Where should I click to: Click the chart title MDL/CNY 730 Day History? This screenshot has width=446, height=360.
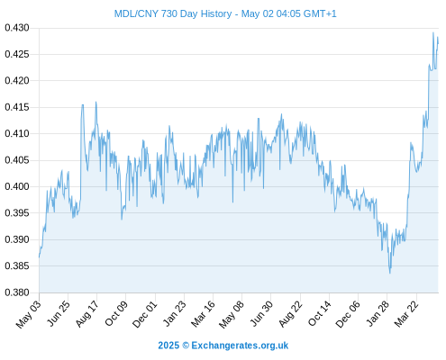(x=173, y=13)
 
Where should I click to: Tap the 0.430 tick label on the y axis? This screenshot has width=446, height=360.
(x=17, y=28)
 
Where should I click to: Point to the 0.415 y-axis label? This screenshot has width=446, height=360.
(x=17, y=107)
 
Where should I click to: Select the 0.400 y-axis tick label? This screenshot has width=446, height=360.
(x=17, y=186)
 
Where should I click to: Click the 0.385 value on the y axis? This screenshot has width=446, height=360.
(x=17, y=265)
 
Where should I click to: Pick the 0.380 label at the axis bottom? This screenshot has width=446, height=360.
(x=17, y=292)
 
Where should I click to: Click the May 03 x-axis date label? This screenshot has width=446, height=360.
(x=28, y=313)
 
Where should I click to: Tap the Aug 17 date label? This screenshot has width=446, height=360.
(x=86, y=313)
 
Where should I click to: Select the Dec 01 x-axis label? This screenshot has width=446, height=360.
(x=145, y=314)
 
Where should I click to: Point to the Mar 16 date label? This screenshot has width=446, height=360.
(x=204, y=313)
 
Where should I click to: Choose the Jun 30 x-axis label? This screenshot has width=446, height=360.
(x=261, y=313)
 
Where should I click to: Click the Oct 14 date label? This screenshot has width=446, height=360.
(x=320, y=313)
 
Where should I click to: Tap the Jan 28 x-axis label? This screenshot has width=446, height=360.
(x=378, y=313)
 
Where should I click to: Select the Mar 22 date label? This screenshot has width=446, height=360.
(x=406, y=313)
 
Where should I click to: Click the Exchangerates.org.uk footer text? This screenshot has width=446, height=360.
(x=240, y=346)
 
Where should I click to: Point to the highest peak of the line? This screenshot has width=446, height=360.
(x=433, y=32)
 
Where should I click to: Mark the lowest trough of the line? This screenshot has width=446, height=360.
(x=390, y=273)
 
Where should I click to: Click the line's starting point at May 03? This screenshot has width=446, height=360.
(x=40, y=256)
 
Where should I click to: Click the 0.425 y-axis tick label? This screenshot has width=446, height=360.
(x=17, y=54)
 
